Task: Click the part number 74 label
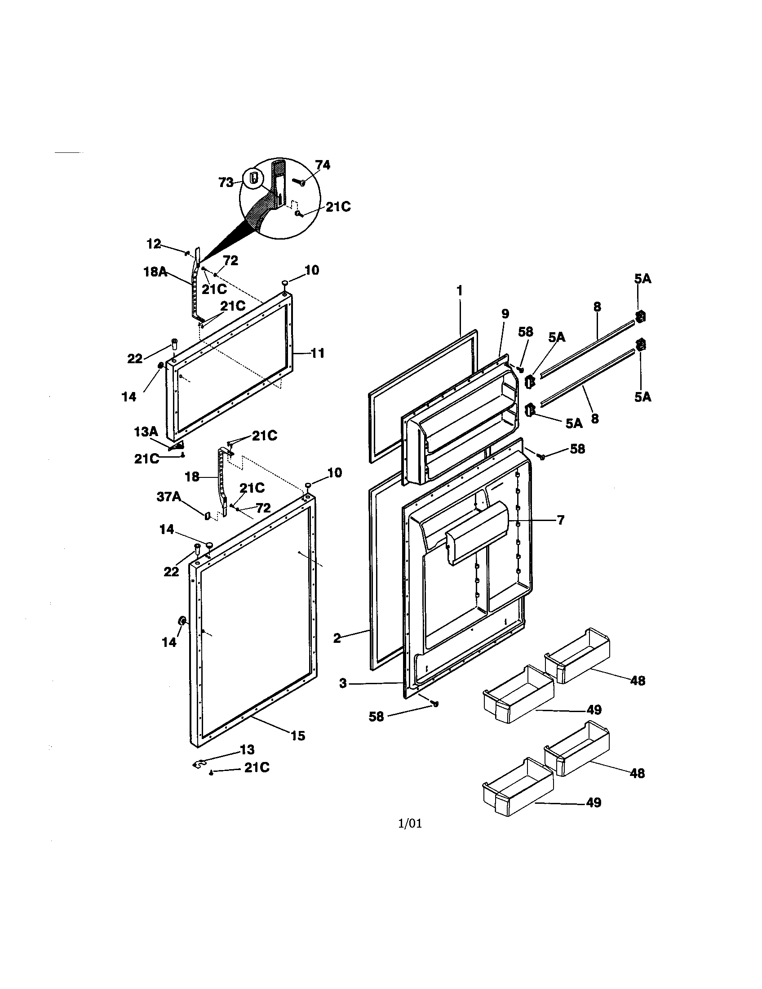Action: [x=323, y=165]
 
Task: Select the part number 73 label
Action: [x=226, y=182]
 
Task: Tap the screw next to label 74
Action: [x=300, y=182]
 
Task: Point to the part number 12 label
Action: [x=154, y=244]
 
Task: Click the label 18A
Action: [x=155, y=272]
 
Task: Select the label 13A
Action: [x=146, y=432]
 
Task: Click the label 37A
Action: [x=168, y=497]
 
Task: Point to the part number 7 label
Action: [x=560, y=520]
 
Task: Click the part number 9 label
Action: [x=505, y=314]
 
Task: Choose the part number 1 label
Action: [x=460, y=291]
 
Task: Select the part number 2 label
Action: [x=337, y=639]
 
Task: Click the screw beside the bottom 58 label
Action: [x=435, y=704]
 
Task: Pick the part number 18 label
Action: [x=192, y=477]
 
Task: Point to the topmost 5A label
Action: [x=642, y=279]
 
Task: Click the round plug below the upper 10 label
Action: [x=285, y=283]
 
